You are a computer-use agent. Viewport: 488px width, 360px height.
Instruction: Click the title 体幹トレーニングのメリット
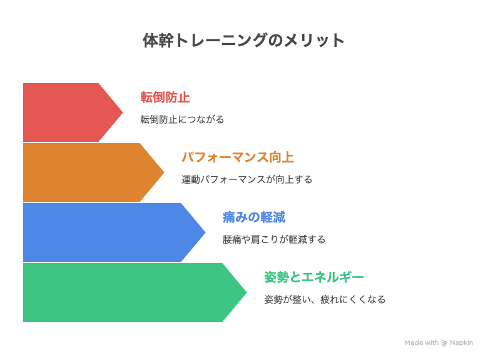[243, 41]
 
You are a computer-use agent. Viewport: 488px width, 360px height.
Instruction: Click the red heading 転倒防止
[165, 97]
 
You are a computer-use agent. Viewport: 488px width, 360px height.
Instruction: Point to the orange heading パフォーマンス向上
[238, 157]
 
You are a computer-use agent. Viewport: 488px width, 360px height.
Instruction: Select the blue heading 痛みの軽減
[253, 217]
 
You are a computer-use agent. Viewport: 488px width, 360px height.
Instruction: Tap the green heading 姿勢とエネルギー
[313, 277]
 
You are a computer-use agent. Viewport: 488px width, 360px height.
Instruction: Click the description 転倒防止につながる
[182, 119]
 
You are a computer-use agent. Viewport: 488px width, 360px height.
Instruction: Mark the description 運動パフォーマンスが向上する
[247, 179]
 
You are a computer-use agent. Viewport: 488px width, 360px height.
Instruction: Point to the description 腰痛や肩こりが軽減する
[274, 239]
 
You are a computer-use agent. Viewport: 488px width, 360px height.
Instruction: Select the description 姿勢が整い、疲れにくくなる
[325, 299]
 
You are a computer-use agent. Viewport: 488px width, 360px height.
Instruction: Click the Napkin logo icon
[444, 343]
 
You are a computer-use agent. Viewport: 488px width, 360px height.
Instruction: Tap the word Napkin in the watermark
[461, 343]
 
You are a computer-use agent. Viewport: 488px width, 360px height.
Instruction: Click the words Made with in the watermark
[422, 342]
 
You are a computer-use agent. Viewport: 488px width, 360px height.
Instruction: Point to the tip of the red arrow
[123, 112]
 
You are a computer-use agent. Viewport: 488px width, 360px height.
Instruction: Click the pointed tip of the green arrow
[247, 292]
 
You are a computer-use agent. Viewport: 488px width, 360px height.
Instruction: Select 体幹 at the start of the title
[158, 41]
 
